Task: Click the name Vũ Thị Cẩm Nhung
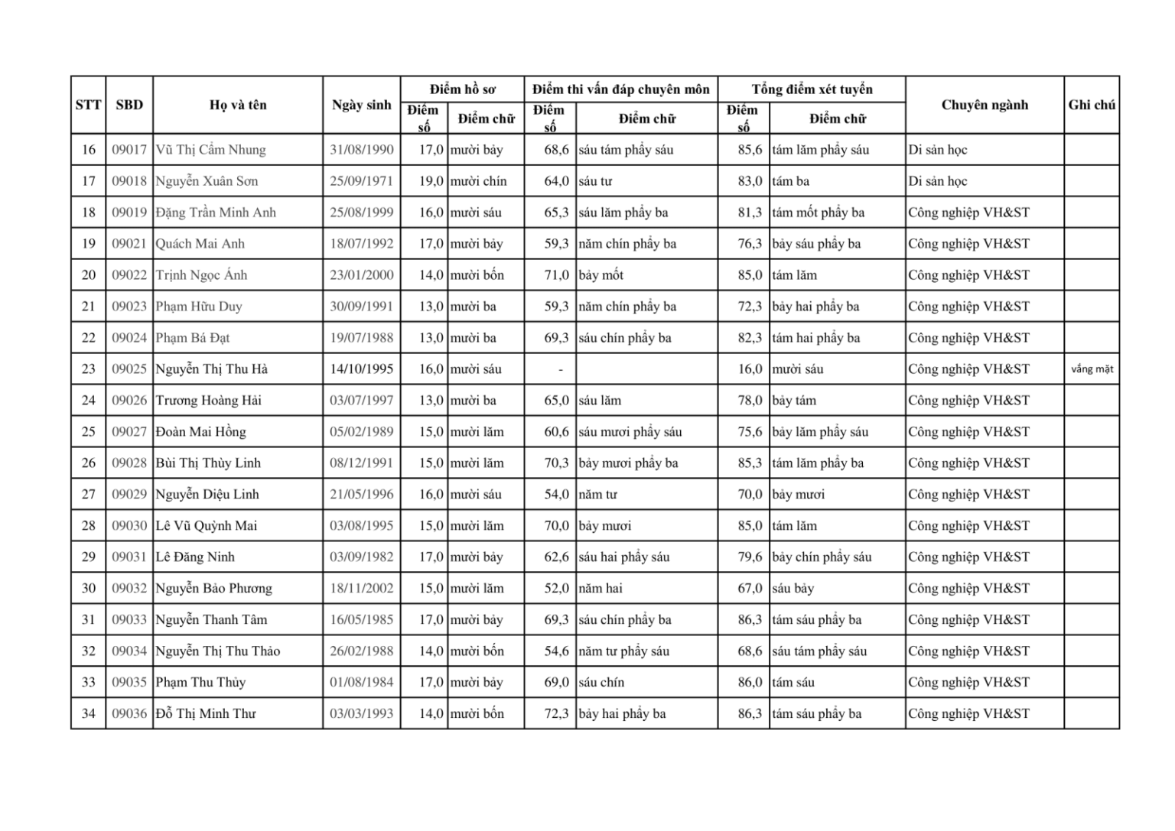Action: point(210,150)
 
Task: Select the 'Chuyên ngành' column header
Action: point(985,105)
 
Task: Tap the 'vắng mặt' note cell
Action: point(1092,369)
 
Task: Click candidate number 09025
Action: point(129,369)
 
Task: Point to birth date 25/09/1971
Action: point(361,181)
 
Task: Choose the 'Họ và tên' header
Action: point(238,105)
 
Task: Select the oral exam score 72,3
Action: point(556,714)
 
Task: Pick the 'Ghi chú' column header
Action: point(1092,105)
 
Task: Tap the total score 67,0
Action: point(750,589)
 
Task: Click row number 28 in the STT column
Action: point(89,526)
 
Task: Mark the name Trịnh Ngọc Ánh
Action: point(201,275)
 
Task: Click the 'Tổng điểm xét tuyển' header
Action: point(812,89)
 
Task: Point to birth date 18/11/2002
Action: point(361,589)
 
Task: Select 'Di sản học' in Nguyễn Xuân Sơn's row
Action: point(937,181)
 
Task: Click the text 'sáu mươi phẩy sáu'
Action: point(630,432)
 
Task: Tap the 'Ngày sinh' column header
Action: point(361,105)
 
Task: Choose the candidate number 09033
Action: point(129,620)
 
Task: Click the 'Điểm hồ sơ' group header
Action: point(462,89)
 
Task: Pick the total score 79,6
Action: point(750,557)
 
